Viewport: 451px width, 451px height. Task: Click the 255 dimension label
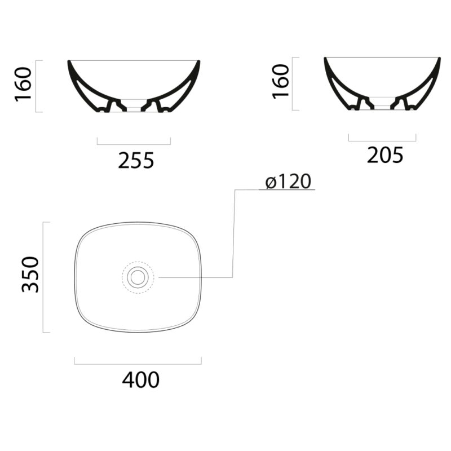(x=136, y=161)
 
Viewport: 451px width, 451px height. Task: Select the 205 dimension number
(x=385, y=156)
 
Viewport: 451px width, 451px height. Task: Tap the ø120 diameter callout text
(x=288, y=181)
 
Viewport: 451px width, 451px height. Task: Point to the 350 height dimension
(x=30, y=275)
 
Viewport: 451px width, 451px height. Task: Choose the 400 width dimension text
(x=140, y=380)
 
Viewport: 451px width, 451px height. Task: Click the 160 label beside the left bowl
(x=23, y=84)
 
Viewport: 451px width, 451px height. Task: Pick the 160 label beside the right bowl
(x=280, y=82)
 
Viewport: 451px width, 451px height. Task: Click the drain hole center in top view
(x=138, y=277)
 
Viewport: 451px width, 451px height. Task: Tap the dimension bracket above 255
(x=134, y=144)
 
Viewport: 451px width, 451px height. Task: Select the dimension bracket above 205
(x=382, y=140)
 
